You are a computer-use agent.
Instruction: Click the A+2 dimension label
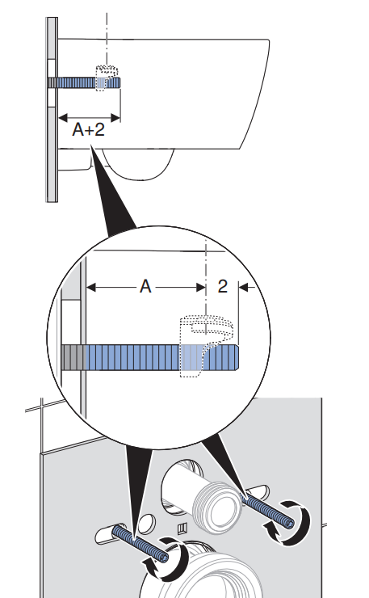pyautogui.click(x=89, y=129)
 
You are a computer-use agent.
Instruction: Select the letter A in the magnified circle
pyautogui.click(x=145, y=286)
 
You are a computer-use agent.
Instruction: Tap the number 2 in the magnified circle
pyautogui.click(x=223, y=286)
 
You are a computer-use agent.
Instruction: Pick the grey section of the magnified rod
pyautogui.click(x=73, y=357)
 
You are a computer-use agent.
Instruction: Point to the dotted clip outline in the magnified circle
pyautogui.click(x=205, y=344)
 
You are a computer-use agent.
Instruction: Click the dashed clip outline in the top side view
pyautogui.click(x=106, y=78)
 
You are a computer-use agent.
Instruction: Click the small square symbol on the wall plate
pyautogui.click(x=182, y=529)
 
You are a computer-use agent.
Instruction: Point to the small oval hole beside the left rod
pyautogui.click(x=146, y=524)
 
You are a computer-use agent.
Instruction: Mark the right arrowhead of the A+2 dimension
pyautogui.click(x=115, y=117)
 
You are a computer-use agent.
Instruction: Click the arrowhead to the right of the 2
pyautogui.click(x=244, y=287)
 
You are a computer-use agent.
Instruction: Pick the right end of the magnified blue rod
pyautogui.click(x=237, y=357)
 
